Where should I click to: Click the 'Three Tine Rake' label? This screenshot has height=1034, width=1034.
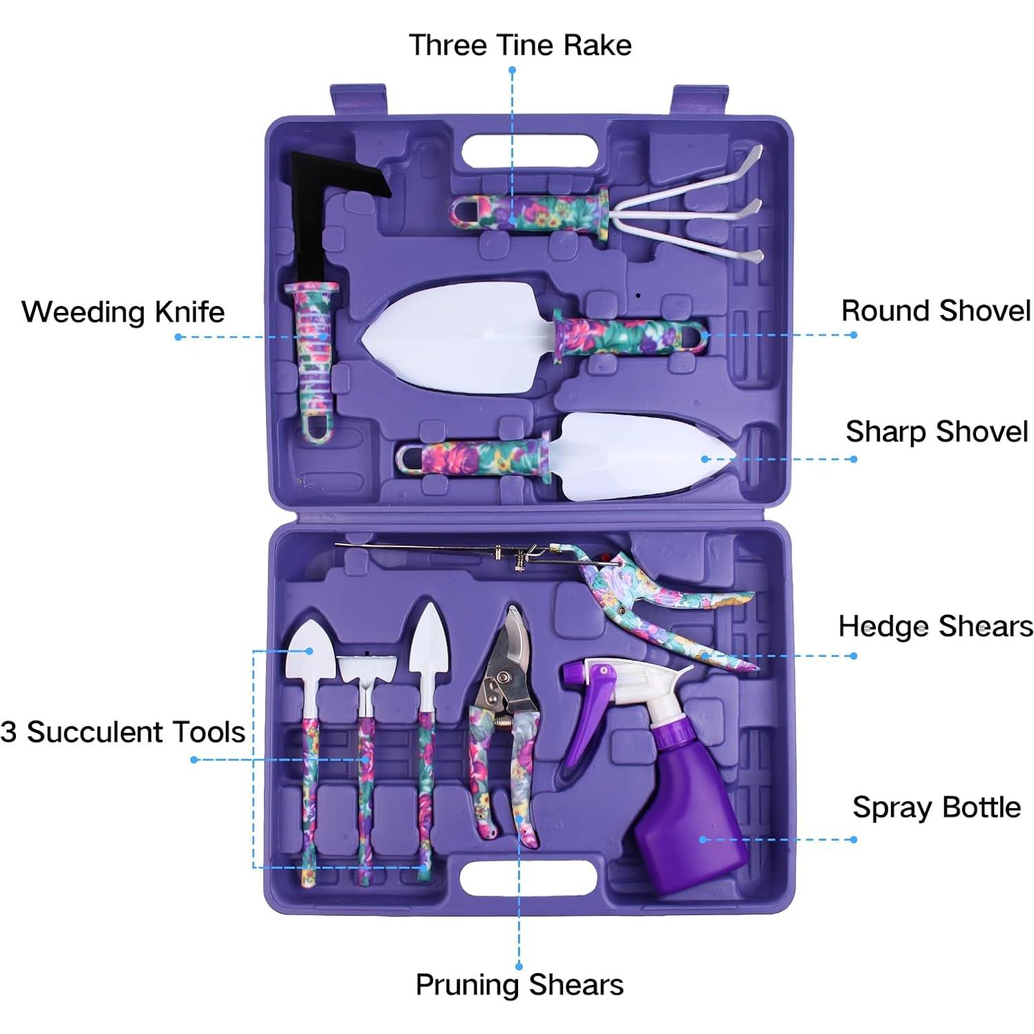coord(520,46)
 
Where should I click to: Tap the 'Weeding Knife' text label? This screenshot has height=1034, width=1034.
coord(123,312)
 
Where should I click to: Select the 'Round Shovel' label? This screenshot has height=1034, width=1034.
coord(936,311)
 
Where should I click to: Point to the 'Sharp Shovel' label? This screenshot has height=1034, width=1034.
coord(937,432)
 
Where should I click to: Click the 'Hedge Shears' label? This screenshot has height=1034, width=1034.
coord(936,626)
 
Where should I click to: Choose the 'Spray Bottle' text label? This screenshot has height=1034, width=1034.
coord(937,807)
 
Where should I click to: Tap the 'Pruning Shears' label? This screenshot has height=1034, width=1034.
coord(519,985)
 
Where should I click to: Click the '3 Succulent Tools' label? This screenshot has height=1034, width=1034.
coord(123,732)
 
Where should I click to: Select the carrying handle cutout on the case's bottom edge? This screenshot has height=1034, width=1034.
coord(528,879)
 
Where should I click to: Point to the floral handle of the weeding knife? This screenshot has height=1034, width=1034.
coord(316,359)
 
